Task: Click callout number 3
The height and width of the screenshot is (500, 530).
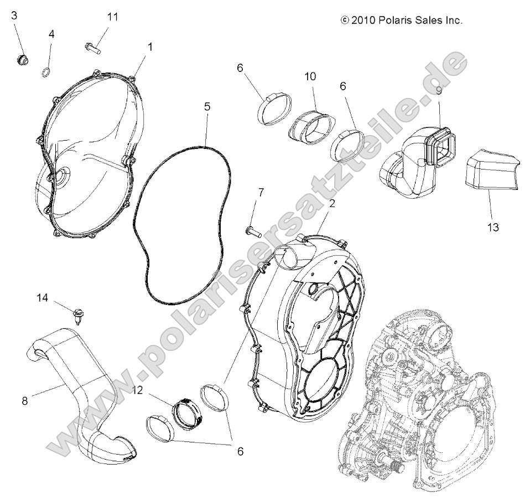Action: tap(14, 15)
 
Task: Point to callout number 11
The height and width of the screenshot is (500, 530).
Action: tap(112, 17)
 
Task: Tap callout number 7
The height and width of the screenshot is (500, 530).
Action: tap(261, 192)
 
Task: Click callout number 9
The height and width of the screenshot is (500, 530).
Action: tap(438, 89)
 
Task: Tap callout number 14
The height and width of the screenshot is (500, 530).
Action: tap(43, 298)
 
